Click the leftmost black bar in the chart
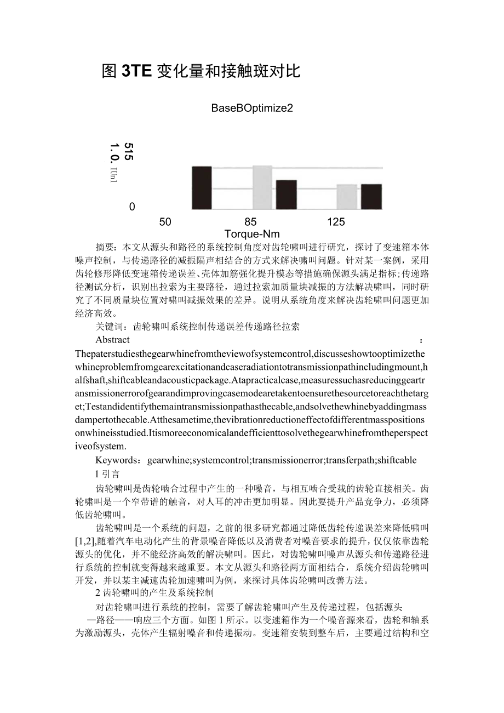[202, 187]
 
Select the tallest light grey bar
[262, 187]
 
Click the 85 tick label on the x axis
[250, 222]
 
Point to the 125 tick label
[336, 222]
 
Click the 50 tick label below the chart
[165, 222]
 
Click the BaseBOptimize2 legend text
[252, 108]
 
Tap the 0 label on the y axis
[132, 207]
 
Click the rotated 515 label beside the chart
[129, 151]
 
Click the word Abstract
[112, 340]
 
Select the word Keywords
[116, 460]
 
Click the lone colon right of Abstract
[421, 340]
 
